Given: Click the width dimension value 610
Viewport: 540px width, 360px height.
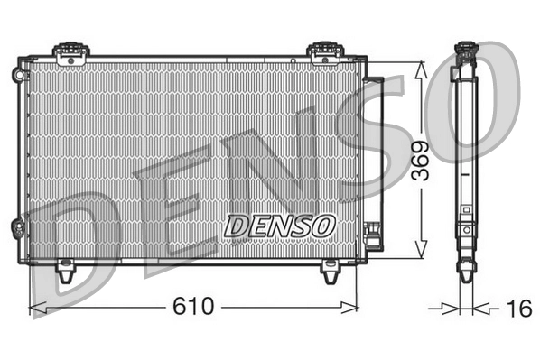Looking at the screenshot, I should (x=195, y=309).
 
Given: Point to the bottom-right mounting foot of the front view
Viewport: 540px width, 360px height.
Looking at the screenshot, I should (x=331, y=268).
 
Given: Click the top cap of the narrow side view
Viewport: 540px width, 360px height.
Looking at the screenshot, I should (x=466, y=51).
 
